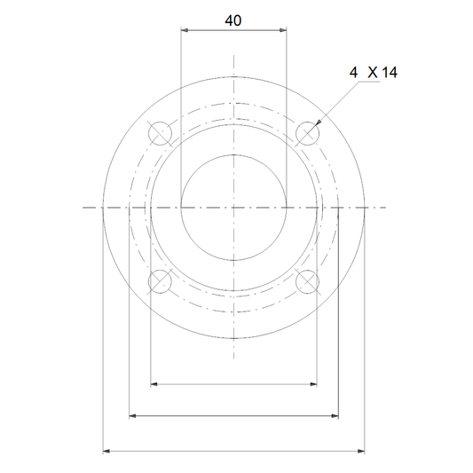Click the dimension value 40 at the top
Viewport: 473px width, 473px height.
[233, 20]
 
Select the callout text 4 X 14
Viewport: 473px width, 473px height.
[374, 73]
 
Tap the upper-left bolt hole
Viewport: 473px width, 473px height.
[160, 133]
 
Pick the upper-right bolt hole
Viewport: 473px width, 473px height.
[307, 133]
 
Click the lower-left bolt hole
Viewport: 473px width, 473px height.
[160, 281]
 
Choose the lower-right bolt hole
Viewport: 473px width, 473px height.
[307, 281]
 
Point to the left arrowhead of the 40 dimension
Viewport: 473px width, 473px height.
[185, 30]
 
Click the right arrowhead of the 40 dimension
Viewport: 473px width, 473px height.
[283, 30]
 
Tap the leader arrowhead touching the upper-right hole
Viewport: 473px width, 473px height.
[318, 122]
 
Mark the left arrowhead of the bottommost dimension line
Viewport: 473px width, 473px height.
[106, 452]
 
